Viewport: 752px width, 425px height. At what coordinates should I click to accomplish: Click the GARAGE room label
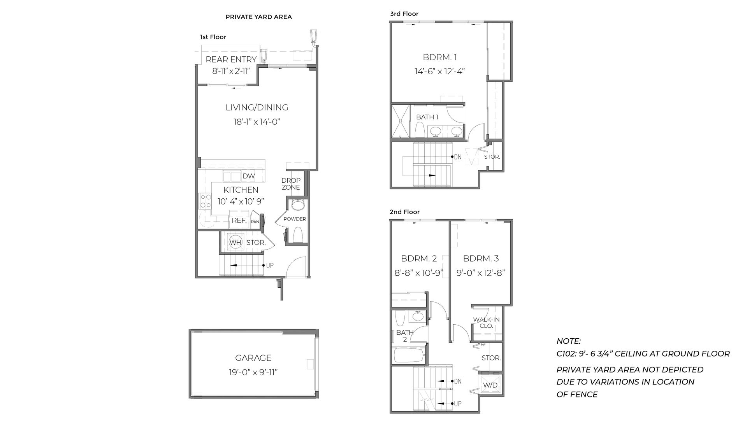tap(253, 358)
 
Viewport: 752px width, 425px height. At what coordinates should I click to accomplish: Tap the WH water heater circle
tap(235, 243)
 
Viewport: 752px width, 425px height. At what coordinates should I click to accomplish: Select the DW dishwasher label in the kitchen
tap(249, 176)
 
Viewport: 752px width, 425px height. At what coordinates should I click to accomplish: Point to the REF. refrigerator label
tap(239, 220)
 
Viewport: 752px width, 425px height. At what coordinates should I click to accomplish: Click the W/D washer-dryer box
tap(490, 385)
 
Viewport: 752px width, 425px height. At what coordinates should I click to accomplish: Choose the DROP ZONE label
tap(291, 184)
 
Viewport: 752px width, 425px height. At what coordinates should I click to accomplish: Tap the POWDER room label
tap(295, 219)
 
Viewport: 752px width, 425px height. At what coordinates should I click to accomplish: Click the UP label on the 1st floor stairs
tap(270, 266)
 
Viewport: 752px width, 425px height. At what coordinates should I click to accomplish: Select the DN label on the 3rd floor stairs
tap(457, 157)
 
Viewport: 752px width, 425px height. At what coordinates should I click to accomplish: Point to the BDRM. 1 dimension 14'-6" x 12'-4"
tap(440, 72)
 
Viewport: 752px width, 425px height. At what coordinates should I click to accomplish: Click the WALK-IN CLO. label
tap(486, 323)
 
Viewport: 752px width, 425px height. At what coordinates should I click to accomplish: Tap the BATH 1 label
tap(427, 117)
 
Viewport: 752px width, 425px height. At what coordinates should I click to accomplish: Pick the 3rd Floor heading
tap(404, 14)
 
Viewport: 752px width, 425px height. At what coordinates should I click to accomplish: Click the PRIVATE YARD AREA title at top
tap(258, 17)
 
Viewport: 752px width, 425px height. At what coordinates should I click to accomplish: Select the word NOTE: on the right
tap(568, 341)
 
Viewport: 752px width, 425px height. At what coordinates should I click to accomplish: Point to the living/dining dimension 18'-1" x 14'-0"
tap(257, 122)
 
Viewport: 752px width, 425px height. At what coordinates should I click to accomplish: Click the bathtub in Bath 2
tap(409, 355)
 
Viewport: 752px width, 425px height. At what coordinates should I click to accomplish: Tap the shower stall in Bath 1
tap(400, 121)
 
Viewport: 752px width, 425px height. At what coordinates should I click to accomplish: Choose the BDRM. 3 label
tap(481, 259)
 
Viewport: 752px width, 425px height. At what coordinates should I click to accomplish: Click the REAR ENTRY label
tap(231, 59)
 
